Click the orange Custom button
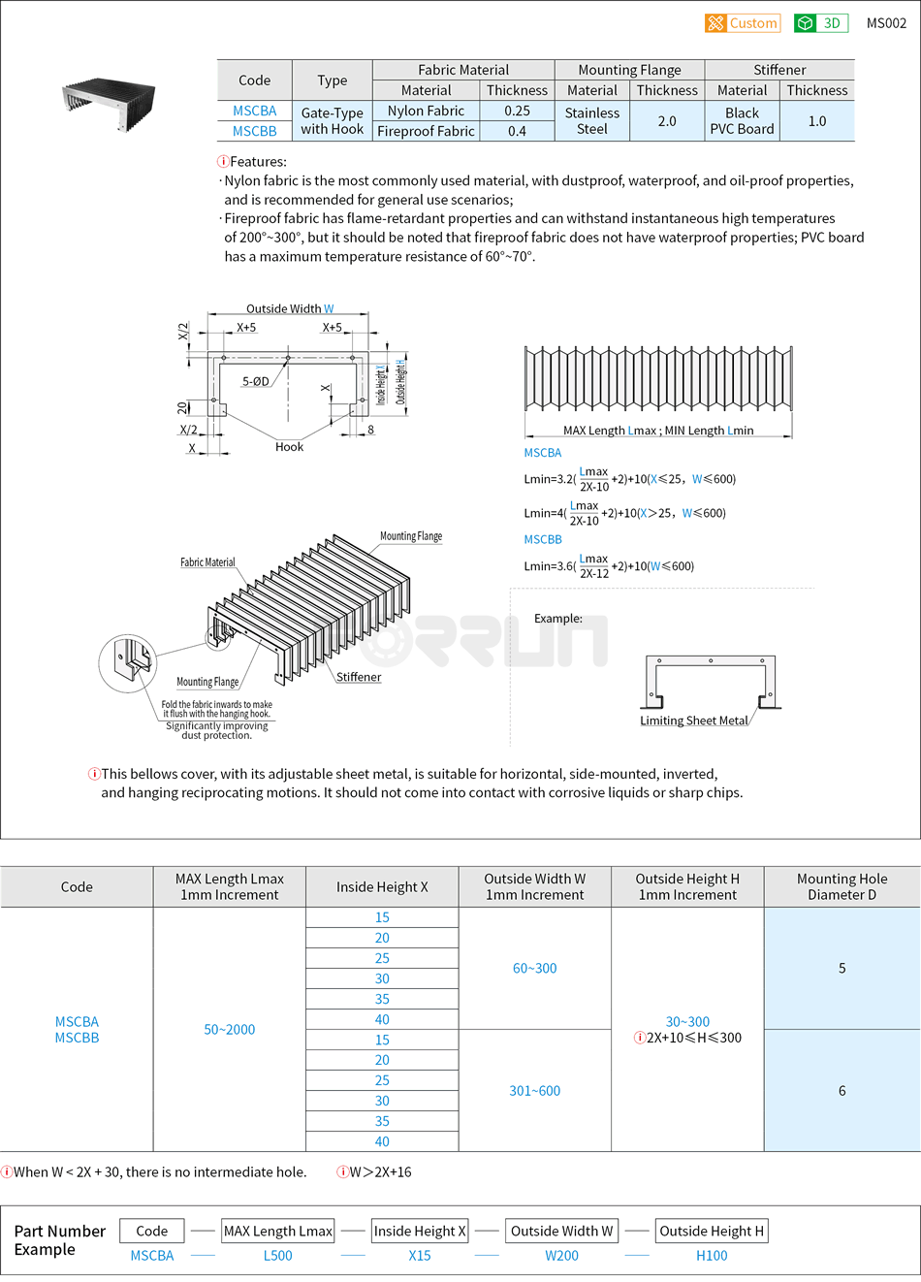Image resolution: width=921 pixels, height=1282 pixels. tap(743, 23)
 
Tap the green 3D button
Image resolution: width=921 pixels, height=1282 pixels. tap(820, 23)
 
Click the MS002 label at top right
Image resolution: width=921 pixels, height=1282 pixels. tap(886, 23)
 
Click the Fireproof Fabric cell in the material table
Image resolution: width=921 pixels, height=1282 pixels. tap(426, 131)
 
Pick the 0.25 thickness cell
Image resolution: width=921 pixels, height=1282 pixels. tap(517, 111)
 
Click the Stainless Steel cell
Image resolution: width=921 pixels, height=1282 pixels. tap(591, 121)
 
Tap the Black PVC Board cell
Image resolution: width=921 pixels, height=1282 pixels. tap(742, 121)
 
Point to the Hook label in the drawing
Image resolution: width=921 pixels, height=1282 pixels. tap(289, 447)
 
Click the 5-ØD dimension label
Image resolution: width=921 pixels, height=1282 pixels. tap(256, 381)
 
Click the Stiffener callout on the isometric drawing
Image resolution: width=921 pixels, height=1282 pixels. tap(359, 677)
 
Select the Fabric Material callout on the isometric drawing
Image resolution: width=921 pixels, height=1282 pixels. tap(207, 562)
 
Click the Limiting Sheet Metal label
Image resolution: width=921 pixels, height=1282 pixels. tap(694, 721)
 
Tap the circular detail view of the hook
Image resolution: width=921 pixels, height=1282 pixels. tap(128, 664)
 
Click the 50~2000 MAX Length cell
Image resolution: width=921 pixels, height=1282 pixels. tap(230, 1030)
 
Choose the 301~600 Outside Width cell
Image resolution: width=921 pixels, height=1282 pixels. tap(535, 1091)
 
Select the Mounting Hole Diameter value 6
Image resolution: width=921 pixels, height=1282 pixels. tap(842, 1091)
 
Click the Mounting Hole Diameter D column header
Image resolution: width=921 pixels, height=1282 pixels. tap(842, 886)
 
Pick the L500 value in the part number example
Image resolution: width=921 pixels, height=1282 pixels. tap(278, 1256)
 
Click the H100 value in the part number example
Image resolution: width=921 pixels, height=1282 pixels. tap(712, 1256)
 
